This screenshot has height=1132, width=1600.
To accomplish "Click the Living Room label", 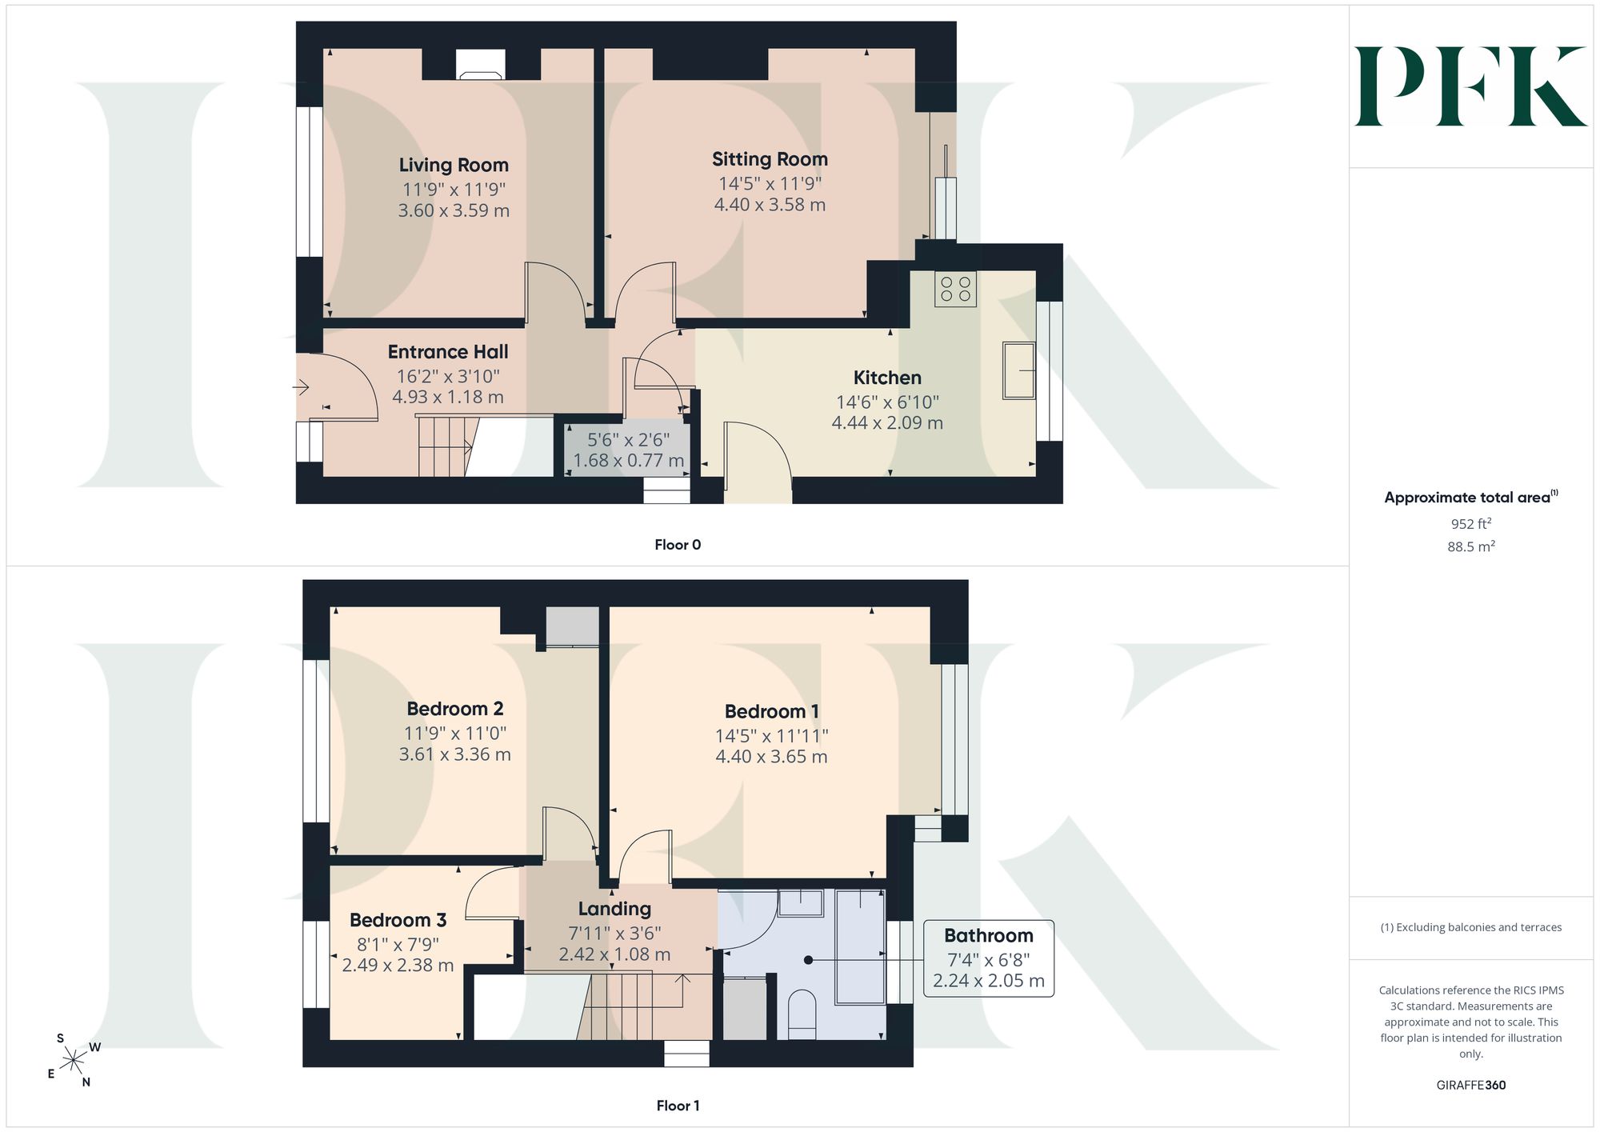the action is pos(454,165).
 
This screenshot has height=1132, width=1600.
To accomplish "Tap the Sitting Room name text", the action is pos(770,159).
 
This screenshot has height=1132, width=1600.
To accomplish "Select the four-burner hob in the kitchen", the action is pos(955,289).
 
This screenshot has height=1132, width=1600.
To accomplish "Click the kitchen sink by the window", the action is pos(1019,370).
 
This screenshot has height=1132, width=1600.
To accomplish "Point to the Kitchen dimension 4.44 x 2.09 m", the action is pos(887,422).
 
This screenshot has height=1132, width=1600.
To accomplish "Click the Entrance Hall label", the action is pos(448,352).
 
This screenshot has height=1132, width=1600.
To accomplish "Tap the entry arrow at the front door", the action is pos(301,388).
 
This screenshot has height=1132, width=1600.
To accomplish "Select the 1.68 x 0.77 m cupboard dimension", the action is pos(629,461).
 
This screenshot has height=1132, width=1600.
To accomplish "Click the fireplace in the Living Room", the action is pos(480,65).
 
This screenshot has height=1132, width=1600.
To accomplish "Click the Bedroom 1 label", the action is pos(771,711).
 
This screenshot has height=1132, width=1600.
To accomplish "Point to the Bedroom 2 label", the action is pos(454,709).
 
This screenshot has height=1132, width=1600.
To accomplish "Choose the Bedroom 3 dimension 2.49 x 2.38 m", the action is pos(398,966).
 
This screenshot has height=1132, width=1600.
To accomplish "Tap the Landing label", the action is pos(614,909).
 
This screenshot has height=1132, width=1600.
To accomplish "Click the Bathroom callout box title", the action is pos(989,935).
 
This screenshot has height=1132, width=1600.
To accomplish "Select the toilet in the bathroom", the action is pos(802,1014).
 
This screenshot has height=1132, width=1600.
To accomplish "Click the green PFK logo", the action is pos(1470,86).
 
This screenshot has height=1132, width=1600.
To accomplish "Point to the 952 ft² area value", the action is pos(1471,524).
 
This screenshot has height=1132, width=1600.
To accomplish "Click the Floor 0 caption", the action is pos(678,545).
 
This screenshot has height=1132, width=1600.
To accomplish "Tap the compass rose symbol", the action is pos(73,1061).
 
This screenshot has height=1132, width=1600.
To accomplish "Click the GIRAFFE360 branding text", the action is pos(1471,1086).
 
